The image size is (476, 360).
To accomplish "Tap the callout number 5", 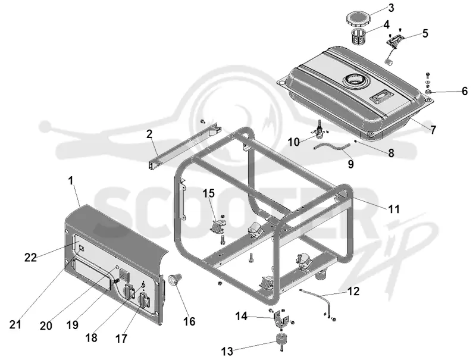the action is [425, 33].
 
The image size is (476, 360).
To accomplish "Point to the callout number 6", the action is [465, 91].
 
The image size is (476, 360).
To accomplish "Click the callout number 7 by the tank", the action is [433, 130].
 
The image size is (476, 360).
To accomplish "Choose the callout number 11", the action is [394, 209].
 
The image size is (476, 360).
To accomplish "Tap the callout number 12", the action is [353, 291].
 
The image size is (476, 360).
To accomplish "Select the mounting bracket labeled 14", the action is [279, 318].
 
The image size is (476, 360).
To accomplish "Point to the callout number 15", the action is [209, 193].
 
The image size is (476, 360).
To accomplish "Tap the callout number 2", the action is [149, 133].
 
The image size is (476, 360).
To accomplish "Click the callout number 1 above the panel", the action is [71, 181].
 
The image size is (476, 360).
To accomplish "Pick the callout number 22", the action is [30, 258].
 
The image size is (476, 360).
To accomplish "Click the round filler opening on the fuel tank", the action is [355, 81].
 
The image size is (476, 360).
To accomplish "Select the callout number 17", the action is [121, 339].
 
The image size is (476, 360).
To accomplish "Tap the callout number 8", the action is [391, 153].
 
